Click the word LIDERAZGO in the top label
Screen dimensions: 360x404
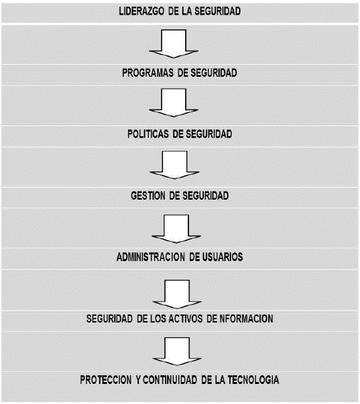coord(142,11)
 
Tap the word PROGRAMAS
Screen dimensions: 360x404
coord(148,73)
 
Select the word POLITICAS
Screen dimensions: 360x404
coord(148,134)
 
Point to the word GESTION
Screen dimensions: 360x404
coord(148,196)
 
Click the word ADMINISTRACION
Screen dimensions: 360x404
coord(150,257)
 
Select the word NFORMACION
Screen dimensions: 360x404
coord(246,319)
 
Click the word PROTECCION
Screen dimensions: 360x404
coord(106,380)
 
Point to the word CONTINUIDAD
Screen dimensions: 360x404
coord(170,380)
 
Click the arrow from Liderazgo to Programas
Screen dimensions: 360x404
coord(174,43)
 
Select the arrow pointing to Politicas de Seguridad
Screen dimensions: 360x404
coord(174,103)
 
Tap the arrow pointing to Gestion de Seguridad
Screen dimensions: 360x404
coord(174,165)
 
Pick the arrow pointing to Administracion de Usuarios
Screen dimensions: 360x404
coord(176,229)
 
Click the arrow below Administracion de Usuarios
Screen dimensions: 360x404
coord(177,294)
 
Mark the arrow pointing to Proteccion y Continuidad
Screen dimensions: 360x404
coord(177,351)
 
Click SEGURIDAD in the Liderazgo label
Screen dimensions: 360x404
coord(218,11)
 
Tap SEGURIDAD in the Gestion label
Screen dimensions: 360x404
coord(206,196)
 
